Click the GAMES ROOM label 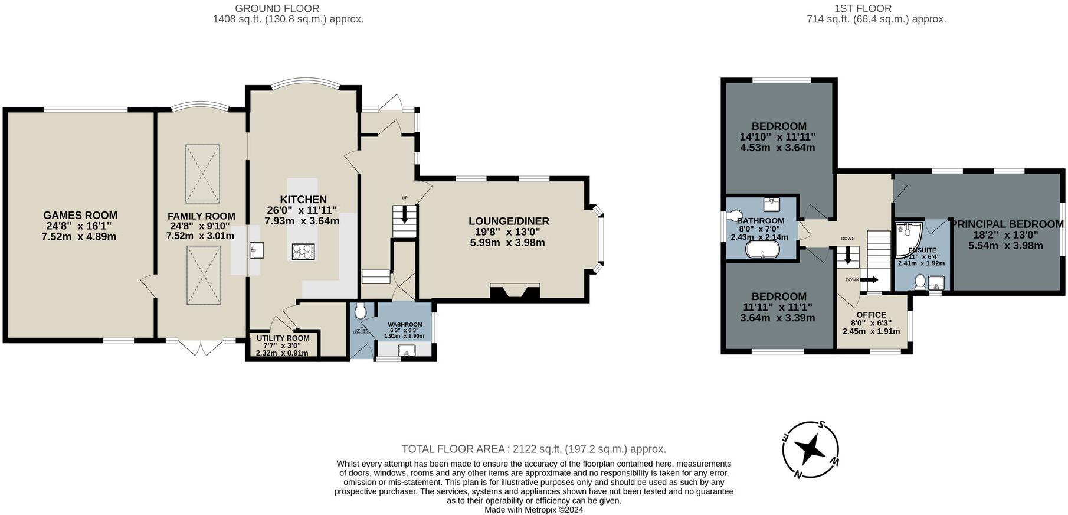click(80, 216)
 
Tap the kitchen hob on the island click(303, 252)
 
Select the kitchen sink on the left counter click(255, 250)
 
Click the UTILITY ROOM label click(283, 338)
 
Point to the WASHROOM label click(405, 325)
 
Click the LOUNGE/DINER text click(509, 221)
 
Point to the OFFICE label click(871, 315)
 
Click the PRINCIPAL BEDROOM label click(1007, 224)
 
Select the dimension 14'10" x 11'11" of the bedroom click(777, 137)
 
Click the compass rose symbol click(810, 449)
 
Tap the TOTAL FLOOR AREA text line click(533, 449)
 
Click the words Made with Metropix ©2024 click(533, 510)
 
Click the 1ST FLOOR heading click(863, 8)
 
